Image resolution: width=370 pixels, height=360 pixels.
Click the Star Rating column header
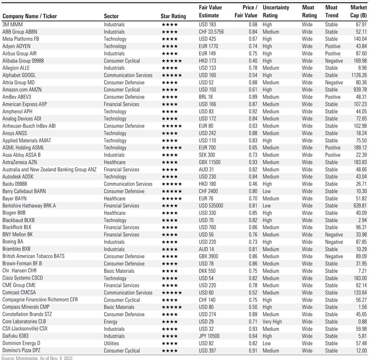point(173,16)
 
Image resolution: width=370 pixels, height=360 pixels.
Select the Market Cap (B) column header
point(358,11)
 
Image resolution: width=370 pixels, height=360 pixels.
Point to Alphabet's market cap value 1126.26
point(358,75)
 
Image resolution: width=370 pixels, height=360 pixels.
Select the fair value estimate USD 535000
point(211,206)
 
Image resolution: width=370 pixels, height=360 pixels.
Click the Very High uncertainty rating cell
point(272,321)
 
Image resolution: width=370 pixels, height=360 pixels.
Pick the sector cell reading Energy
point(111,321)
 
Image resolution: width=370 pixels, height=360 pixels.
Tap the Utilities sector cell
point(112,343)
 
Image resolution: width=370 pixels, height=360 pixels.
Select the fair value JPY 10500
point(209,336)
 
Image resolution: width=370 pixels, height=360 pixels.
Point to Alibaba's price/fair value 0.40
point(252,61)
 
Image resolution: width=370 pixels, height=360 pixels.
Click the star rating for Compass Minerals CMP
point(171,307)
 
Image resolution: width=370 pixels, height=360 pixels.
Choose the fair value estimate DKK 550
point(207,271)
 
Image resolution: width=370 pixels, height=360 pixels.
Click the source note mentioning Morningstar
point(37,358)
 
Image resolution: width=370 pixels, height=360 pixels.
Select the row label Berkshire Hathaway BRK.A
point(29,206)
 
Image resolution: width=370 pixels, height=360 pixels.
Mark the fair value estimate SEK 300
point(207,155)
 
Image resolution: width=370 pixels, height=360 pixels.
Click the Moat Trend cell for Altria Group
point(334,83)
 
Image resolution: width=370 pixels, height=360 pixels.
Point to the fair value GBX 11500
point(209,162)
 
